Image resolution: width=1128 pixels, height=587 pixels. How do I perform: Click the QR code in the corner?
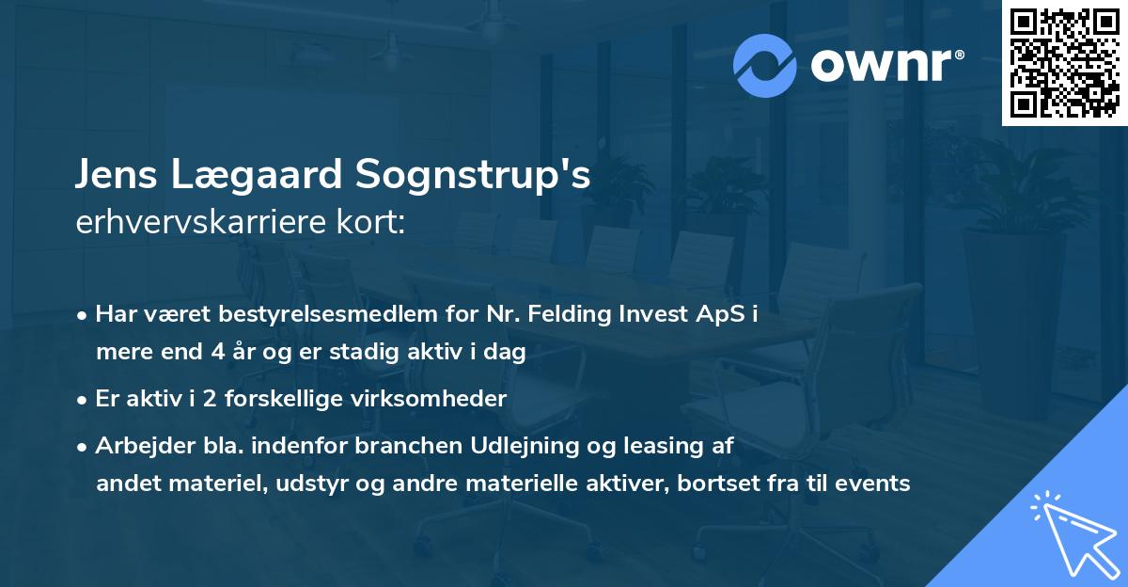(x=1064, y=63)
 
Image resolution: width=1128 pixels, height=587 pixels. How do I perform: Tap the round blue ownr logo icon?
(x=764, y=66)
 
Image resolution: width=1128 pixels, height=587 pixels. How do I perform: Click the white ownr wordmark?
(x=887, y=66)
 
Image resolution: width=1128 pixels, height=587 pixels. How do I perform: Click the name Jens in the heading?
(x=116, y=174)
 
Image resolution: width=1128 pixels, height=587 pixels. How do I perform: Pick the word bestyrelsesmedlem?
(x=328, y=314)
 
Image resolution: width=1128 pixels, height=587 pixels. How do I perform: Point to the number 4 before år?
(x=218, y=352)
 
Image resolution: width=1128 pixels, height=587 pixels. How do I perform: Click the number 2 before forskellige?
(x=210, y=399)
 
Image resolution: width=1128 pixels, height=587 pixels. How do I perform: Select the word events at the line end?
(x=872, y=484)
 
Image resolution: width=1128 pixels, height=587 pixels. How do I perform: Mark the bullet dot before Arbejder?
(x=82, y=448)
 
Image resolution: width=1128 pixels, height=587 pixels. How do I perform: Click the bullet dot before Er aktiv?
(x=82, y=401)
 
